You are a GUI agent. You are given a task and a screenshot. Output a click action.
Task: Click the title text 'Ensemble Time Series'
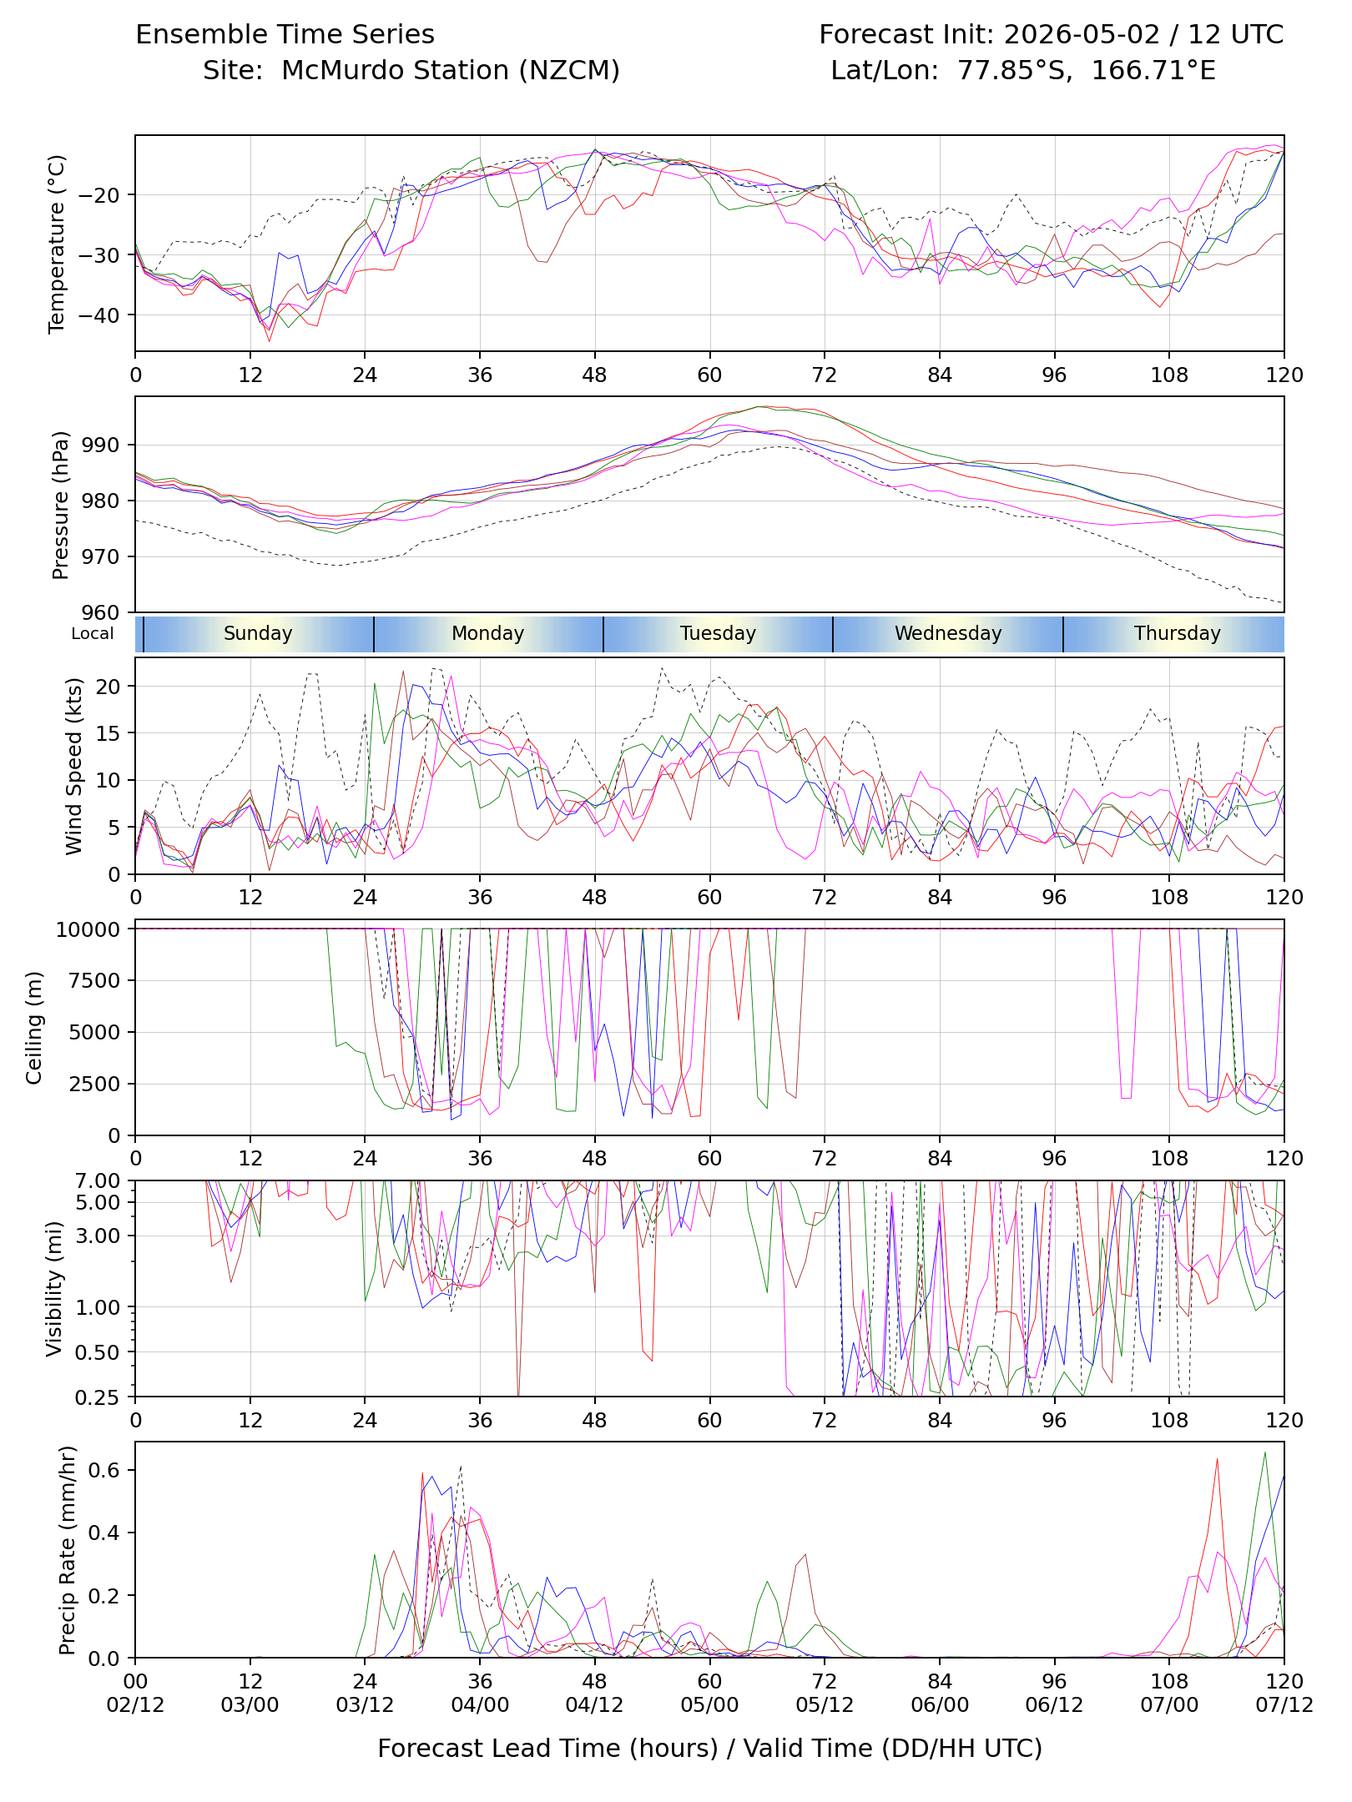(285, 34)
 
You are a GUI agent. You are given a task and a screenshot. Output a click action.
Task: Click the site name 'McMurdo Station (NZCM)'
(451, 70)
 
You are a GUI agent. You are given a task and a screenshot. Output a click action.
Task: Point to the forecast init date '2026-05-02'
(1082, 34)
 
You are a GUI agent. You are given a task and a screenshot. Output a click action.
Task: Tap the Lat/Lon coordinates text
(1023, 70)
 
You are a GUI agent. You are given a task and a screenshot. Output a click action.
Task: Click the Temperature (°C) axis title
(57, 244)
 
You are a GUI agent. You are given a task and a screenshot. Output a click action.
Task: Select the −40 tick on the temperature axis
(98, 315)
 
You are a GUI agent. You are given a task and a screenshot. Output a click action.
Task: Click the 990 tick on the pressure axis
(101, 445)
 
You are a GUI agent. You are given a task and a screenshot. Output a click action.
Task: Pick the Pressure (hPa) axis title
(60, 505)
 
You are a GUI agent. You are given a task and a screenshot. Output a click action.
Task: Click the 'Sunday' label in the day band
(258, 633)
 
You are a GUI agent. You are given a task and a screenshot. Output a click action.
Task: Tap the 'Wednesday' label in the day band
(948, 633)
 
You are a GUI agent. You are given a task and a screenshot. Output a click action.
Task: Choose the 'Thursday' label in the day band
(1177, 633)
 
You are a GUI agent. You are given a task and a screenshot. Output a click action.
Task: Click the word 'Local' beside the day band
(92, 633)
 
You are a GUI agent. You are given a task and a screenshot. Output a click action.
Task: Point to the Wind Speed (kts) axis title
(74, 766)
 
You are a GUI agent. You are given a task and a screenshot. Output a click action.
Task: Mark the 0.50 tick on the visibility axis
(98, 1352)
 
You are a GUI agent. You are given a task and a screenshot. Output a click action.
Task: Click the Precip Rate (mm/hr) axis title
(68, 1549)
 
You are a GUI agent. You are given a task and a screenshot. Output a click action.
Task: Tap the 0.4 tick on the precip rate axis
(104, 1533)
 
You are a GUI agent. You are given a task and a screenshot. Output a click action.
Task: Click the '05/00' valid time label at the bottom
(709, 1704)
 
